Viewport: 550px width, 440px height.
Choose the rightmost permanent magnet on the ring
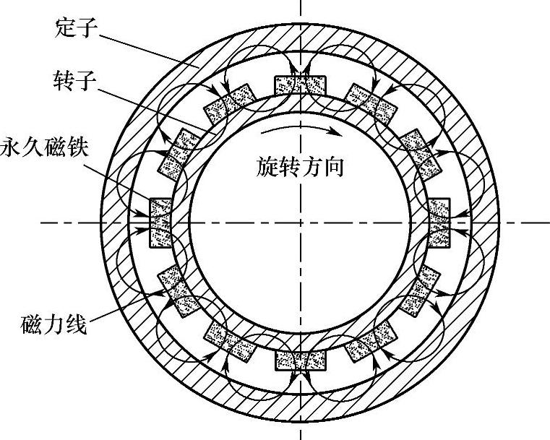tap(439, 223)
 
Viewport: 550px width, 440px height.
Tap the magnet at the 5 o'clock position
tap(371, 342)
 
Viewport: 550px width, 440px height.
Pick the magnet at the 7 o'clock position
tap(230, 342)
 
